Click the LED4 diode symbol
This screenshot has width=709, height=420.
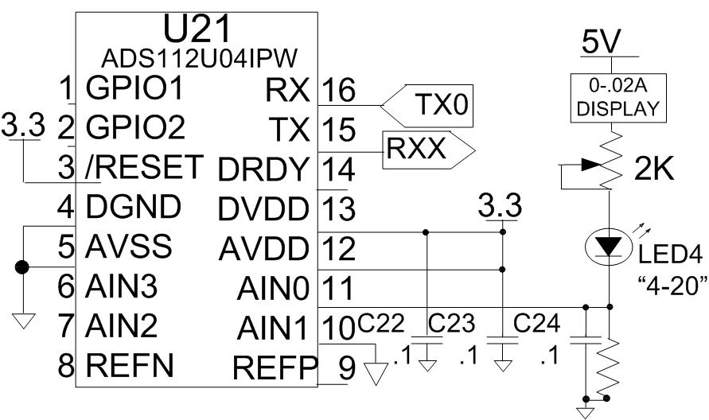[610, 247]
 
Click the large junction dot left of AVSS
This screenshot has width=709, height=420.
[23, 267]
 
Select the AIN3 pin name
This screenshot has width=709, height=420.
[123, 285]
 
